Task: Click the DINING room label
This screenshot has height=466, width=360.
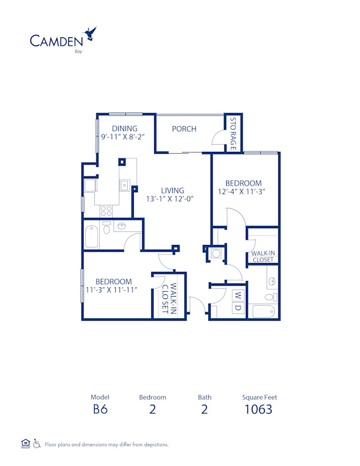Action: click(x=124, y=129)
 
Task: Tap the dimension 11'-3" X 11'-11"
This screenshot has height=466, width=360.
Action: click(x=112, y=290)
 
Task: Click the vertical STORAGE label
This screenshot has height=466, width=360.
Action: click(x=233, y=133)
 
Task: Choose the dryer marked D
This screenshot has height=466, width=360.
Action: click(x=238, y=307)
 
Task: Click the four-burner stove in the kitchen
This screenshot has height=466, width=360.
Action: click(x=106, y=211)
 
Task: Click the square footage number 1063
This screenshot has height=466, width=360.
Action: click(x=259, y=410)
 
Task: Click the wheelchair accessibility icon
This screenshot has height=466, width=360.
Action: click(x=37, y=444)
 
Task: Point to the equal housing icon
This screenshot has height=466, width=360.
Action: click(x=25, y=444)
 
